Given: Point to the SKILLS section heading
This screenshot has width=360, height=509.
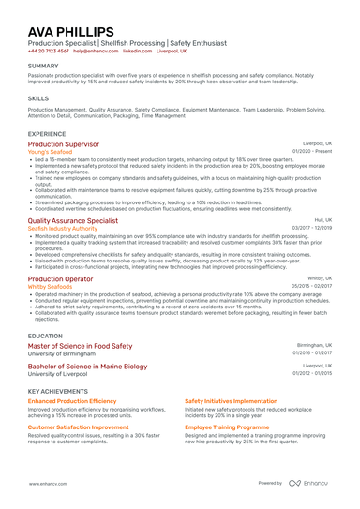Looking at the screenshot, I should click(38, 97).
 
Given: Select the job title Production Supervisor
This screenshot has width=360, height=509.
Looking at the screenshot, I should click(64, 144).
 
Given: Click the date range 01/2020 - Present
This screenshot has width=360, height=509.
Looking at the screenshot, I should click(312, 151).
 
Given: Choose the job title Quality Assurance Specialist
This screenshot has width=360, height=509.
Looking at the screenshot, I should click(73, 220).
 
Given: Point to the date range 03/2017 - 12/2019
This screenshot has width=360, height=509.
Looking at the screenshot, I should click(311, 228).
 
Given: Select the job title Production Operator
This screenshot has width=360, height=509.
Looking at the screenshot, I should click(61, 279).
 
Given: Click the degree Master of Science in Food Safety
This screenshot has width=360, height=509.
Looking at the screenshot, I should click(81, 345).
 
